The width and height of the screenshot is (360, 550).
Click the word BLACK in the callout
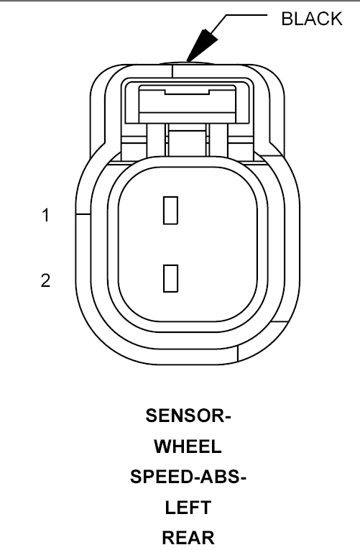coord(312,19)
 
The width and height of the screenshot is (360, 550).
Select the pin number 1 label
coord(45,215)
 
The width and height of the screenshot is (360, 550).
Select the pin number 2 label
coord(45,280)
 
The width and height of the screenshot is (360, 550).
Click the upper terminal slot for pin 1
coord(171,211)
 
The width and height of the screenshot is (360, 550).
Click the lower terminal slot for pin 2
coord(171,278)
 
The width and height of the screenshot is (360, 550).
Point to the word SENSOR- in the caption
coord(188,416)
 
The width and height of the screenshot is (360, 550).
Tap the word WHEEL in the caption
coord(188,446)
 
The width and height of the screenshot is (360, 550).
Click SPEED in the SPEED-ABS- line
coord(160,477)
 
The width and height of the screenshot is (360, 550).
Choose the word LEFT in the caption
coord(188,508)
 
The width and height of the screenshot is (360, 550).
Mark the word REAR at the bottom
coord(188,538)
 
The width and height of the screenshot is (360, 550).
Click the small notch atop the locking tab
coord(187,92)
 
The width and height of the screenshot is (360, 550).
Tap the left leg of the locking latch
coord(156,140)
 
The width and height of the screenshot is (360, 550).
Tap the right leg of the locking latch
coord(218,140)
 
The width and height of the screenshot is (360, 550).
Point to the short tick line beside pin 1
coord(83,214)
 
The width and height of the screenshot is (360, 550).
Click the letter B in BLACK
coord(287,19)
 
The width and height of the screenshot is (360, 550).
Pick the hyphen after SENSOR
coord(227,418)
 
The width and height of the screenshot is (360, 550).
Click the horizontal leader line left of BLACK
coord(246,15)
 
